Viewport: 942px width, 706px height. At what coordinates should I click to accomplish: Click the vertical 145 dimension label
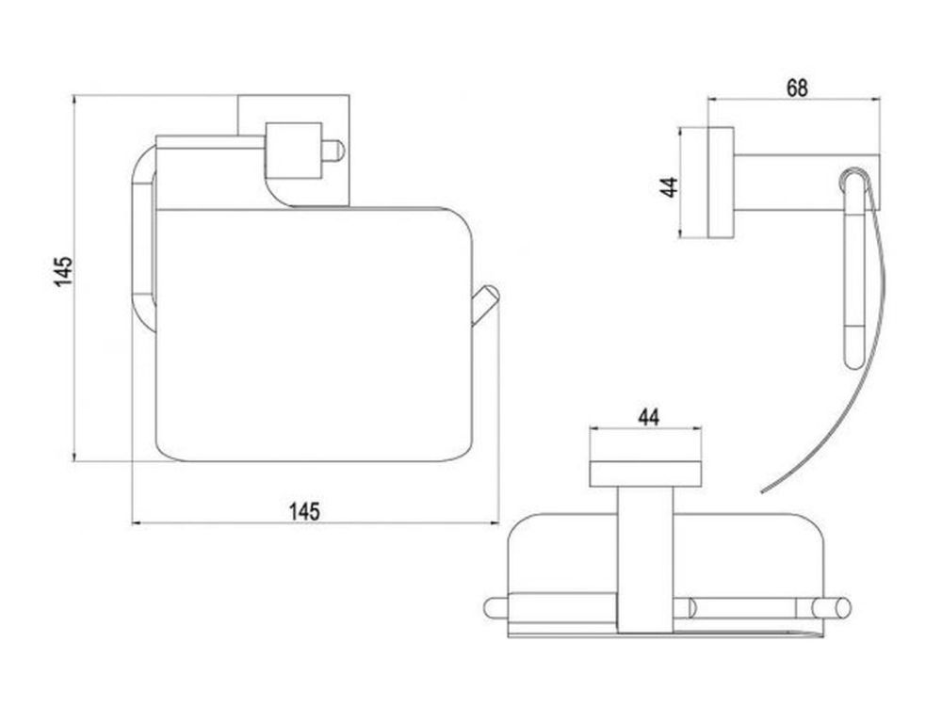click(x=64, y=271)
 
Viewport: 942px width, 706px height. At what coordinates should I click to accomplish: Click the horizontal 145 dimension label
click(x=304, y=511)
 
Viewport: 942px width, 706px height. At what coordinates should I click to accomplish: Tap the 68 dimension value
click(x=797, y=88)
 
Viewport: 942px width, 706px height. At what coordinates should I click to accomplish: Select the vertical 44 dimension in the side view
click(x=669, y=186)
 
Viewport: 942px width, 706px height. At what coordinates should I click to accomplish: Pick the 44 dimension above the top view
click(x=648, y=417)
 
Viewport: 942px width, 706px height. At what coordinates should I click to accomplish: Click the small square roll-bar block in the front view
click(x=293, y=151)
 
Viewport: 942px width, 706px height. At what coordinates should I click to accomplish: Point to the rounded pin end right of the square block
click(x=333, y=151)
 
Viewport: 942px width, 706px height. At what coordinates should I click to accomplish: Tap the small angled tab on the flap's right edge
click(x=485, y=305)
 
